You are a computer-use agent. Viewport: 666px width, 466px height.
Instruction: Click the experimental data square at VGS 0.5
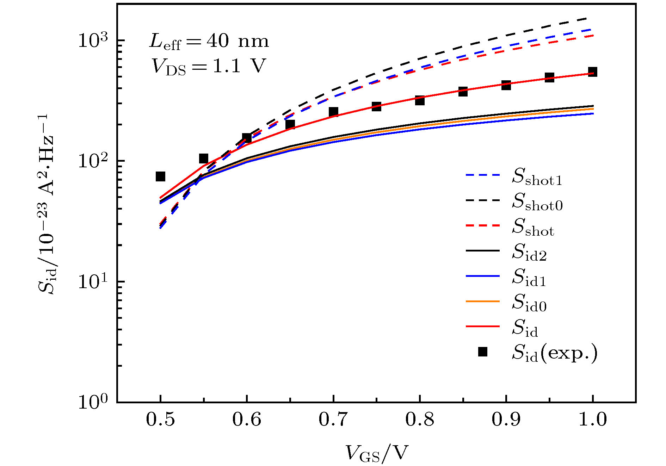[x=160, y=176]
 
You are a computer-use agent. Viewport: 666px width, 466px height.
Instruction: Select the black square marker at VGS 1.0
[x=593, y=72]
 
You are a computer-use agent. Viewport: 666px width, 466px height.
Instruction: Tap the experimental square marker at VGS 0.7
[x=333, y=112]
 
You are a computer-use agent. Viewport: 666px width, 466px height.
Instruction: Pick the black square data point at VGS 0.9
[x=506, y=85]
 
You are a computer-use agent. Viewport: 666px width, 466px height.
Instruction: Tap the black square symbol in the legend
[x=483, y=352]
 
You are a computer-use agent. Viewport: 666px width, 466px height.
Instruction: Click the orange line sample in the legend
[x=483, y=302]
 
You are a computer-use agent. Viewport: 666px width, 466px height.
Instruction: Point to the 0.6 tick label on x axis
[x=247, y=420]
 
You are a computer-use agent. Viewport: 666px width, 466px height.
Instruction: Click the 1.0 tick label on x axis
[x=593, y=420]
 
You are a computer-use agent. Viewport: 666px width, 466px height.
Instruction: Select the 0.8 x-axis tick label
[x=420, y=420]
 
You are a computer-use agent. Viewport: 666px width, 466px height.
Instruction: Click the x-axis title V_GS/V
[x=376, y=453]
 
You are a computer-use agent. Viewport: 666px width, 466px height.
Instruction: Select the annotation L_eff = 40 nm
[x=209, y=42]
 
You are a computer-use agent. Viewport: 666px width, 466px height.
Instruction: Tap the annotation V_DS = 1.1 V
[x=208, y=66]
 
